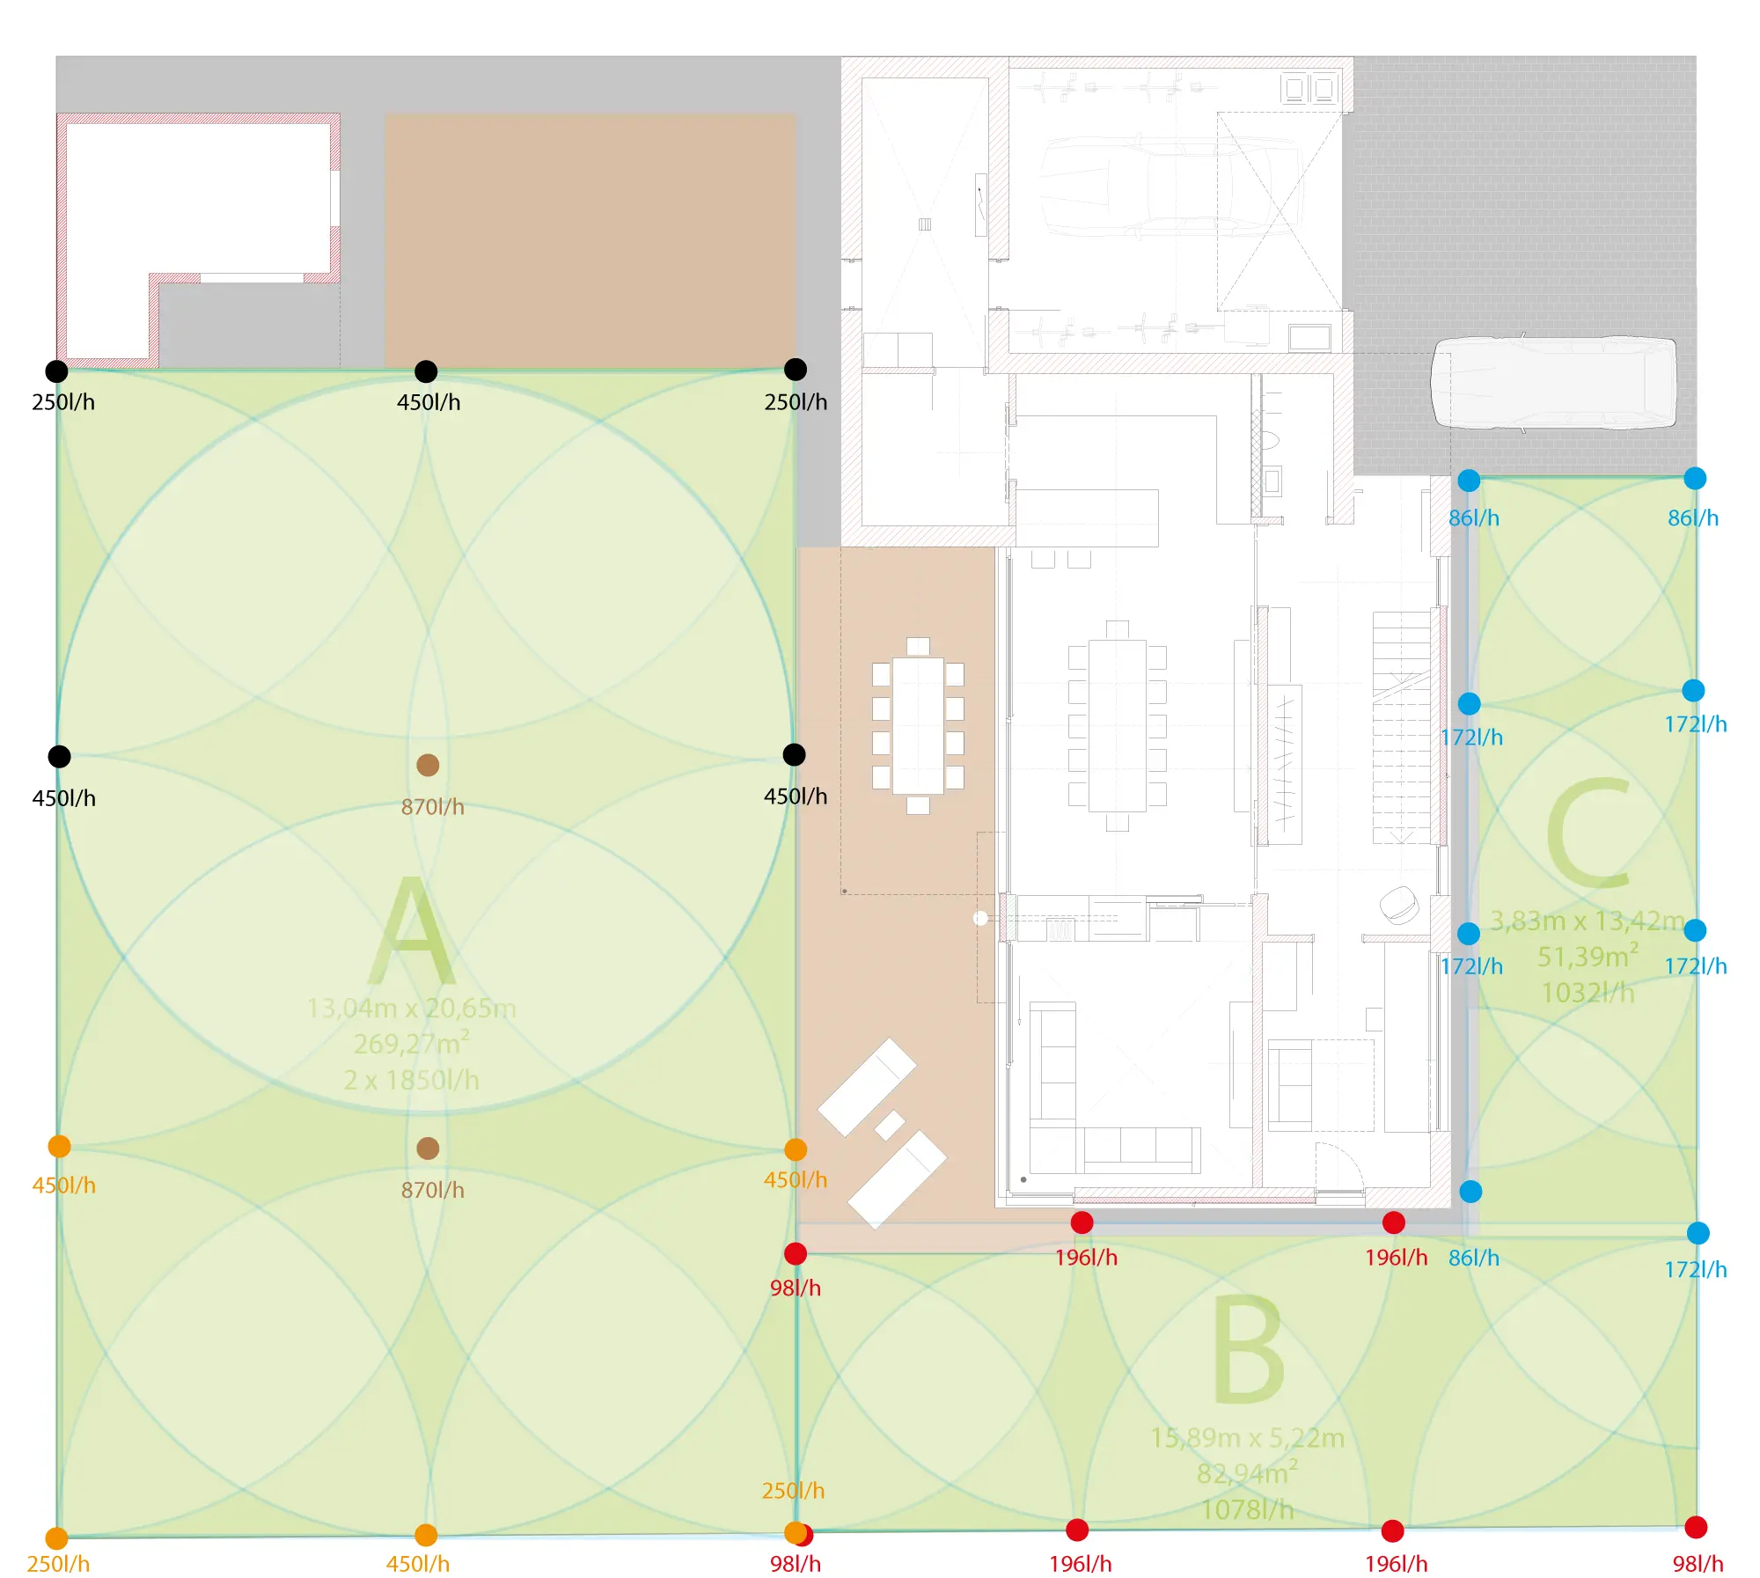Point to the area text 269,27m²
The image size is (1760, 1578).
pos(412,1043)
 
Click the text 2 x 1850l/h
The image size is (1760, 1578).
pos(412,1080)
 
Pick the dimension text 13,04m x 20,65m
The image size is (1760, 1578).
pos(412,1008)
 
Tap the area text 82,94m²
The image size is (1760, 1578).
pos(1247,1472)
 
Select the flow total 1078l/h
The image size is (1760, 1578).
pos(1247,1509)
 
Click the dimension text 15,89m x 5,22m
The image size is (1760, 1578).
pos(1247,1437)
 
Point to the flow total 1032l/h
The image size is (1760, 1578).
pos(1588,993)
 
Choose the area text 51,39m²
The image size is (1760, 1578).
pos(1588,956)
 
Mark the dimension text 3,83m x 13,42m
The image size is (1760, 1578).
pos(1588,921)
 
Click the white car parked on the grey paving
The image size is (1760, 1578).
pos(1553,383)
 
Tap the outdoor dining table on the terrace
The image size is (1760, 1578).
pos(918,726)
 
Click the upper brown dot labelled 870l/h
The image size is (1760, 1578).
pos(428,765)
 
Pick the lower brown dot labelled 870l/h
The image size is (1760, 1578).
pos(428,1148)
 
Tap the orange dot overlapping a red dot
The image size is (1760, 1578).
pos(796,1533)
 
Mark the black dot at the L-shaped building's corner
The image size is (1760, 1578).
pos(56,371)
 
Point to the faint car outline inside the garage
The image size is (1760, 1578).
pos(1170,185)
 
